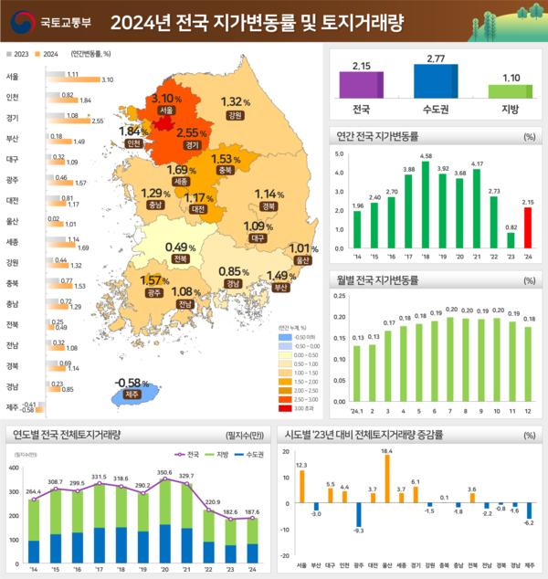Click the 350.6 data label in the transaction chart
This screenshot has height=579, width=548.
pos(164,473)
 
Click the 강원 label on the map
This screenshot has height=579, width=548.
pos(235,116)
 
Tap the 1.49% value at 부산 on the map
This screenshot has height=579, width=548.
pos(278,277)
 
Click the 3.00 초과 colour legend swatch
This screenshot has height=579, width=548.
pos(289,407)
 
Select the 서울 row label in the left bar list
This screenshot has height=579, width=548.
pos(13,77)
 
